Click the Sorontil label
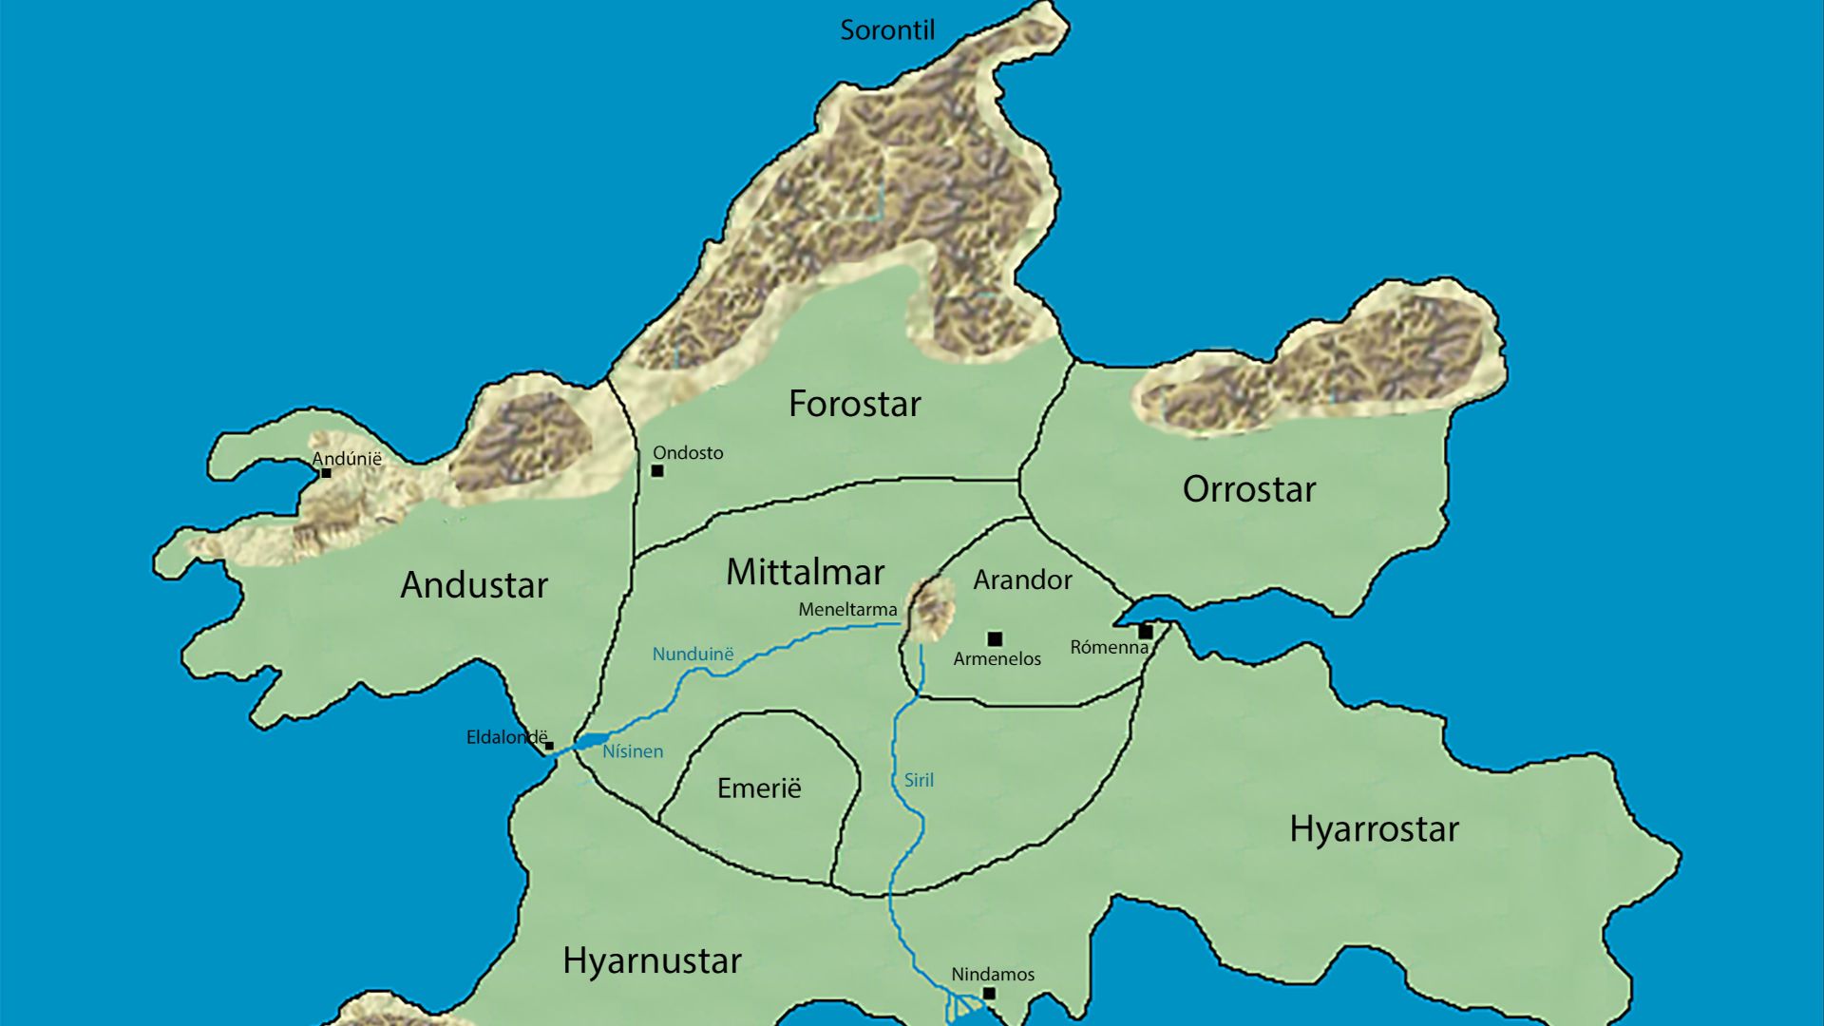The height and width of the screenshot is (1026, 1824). [x=887, y=30]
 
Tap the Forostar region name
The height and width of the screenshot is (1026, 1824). [x=854, y=404]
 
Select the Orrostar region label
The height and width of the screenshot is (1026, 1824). [x=1248, y=489]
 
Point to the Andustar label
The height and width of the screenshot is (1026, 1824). [x=474, y=584]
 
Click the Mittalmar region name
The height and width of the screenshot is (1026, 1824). [x=805, y=572]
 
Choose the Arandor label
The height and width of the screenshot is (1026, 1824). [x=1022, y=579]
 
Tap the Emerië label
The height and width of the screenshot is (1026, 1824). [x=759, y=788]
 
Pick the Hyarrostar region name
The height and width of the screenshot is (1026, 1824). [x=1374, y=829]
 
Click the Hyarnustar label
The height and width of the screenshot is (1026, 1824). [x=652, y=960]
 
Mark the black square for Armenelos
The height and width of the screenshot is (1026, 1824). [x=995, y=638]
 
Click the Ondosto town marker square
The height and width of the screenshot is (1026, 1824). [x=657, y=470]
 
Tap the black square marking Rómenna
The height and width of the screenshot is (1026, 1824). [x=1146, y=632]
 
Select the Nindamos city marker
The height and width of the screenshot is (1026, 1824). [x=989, y=994]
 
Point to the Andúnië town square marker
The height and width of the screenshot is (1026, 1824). [x=326, y=472]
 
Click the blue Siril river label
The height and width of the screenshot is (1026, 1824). [x=919, y=780]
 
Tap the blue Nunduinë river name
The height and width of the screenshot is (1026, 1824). [x=693, y=654]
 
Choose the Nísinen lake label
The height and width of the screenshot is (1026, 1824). [x=633, y=751]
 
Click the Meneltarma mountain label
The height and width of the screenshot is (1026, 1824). [x=847, y=609]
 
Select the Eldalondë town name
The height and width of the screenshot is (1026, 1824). [x=506, y=737]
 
